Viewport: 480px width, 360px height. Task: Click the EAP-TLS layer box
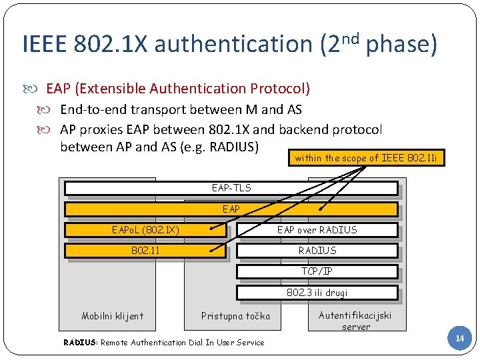point(231,188)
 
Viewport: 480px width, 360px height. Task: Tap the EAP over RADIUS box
point(317,230)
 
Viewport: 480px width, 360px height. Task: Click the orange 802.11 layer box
point(145,251)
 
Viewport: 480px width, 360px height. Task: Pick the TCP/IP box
point(317,271)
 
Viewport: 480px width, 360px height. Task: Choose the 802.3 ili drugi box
point(317,292)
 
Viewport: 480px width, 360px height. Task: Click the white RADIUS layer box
point(317,251)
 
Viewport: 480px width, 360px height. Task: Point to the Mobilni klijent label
point(113,316)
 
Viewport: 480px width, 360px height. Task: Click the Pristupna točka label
point(236,316)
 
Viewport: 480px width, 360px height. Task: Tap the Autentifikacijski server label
point(355,321)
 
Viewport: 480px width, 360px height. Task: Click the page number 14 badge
point(459,339)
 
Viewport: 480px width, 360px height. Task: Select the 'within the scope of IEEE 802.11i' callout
point(366,158)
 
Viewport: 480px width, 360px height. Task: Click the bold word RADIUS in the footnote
point(80,343)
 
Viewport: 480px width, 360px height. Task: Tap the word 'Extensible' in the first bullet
point(114,89)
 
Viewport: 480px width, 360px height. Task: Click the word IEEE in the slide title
point(45,45)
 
